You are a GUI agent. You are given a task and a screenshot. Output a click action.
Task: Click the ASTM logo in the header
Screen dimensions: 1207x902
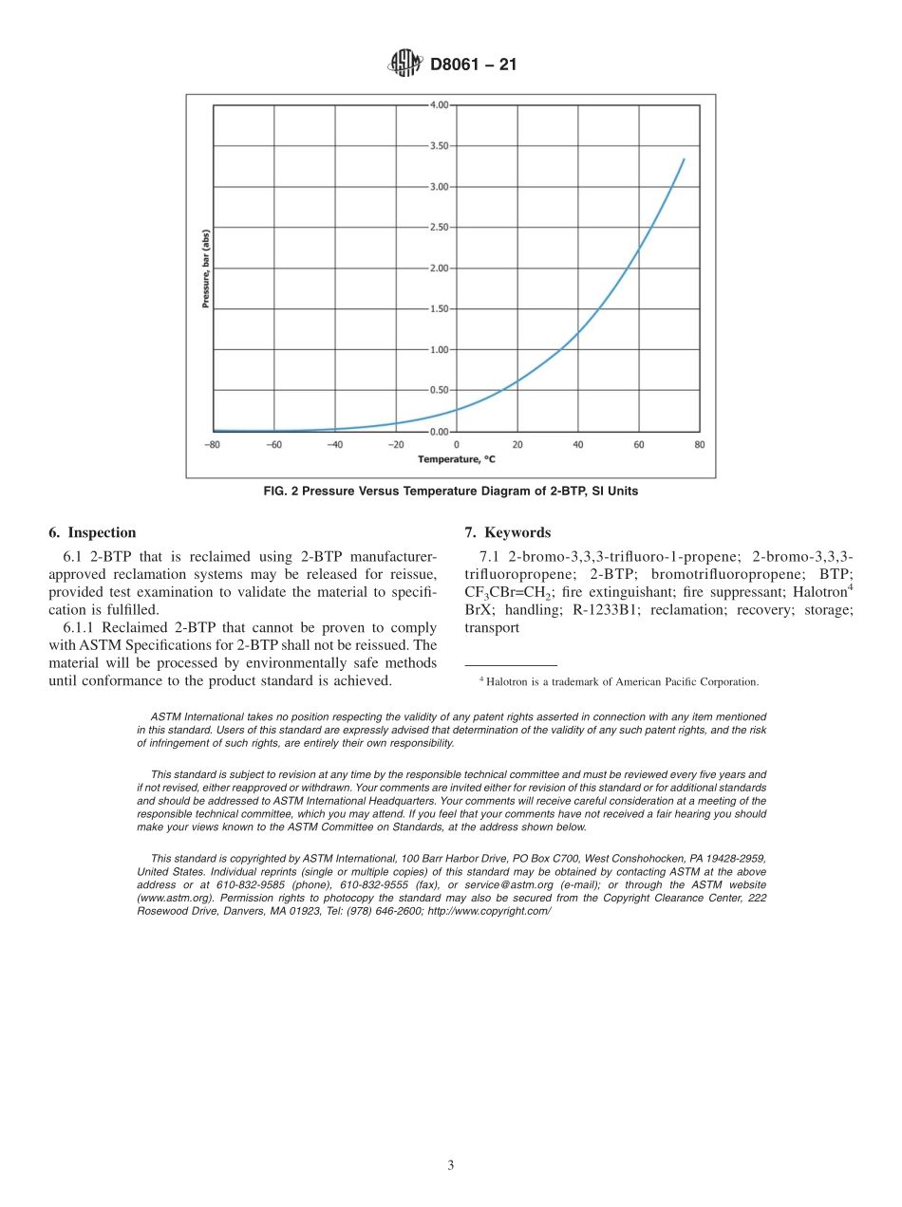pyautogui.click(x=405, y=65)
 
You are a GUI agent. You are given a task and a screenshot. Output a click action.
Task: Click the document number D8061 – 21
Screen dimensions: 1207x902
pyautogui.click(x=473, y=65)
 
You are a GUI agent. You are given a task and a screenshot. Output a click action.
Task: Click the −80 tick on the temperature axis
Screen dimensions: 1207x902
pyautogui.click(x=213, y=444)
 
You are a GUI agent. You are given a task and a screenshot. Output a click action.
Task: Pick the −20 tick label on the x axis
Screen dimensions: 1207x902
pyautogui.click(x=395, y=444)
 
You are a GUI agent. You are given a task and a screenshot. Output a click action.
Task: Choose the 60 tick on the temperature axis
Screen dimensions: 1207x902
pyautogui.click(x=638, y=444)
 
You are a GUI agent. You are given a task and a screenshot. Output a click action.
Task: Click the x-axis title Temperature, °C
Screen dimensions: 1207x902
pyautogui.click(x=457, y=459)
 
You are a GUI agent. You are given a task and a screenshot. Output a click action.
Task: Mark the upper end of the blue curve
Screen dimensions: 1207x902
pyautogui.click(x=684, y=159)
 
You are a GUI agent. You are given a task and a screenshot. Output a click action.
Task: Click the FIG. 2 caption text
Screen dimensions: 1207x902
pyautogui.click(x=450, y=492)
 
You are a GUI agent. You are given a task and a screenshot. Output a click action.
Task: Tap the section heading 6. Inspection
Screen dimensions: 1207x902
pyautogui.click(x=92, y=533)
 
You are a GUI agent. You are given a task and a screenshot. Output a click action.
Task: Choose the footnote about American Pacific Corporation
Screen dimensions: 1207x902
pyautogui.click(x=618, y=681)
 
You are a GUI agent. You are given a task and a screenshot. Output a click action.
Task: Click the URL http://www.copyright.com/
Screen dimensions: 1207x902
pyautogui.click(x=488, y=911)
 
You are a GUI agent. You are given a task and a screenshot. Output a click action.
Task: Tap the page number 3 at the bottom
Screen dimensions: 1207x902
pyautogui.click(x=451, y=1165)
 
